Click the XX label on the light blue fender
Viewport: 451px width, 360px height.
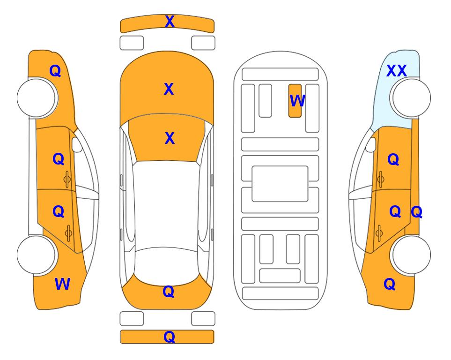coord(396,71)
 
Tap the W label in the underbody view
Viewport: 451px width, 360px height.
coord(297,100)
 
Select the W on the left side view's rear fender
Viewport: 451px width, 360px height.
coord(62,284)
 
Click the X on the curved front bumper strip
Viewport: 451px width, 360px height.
coord(170,22)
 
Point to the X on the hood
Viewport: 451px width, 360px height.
coord(169,89)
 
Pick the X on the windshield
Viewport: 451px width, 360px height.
coord(170,138)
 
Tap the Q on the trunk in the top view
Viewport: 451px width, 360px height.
coord(169,292)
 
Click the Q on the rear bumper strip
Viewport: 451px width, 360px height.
coord(169,337)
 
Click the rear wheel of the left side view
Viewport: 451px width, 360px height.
coord(36,255)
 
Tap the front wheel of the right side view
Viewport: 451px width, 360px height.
coord(411,98)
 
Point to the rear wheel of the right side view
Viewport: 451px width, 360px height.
coord(411,255)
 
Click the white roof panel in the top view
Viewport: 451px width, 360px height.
coord(167,204)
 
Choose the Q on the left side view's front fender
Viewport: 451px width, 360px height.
coord(55,71)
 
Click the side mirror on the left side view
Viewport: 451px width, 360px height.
coord(76,144)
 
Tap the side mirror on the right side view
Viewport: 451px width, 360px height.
coord(371,144)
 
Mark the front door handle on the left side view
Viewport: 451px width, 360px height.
coord(67,180)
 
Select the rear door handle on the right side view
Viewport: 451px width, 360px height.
coord(379,233)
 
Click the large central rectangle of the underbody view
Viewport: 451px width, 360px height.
coord(280,184)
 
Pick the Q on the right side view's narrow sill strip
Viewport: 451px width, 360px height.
coord(416,212)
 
